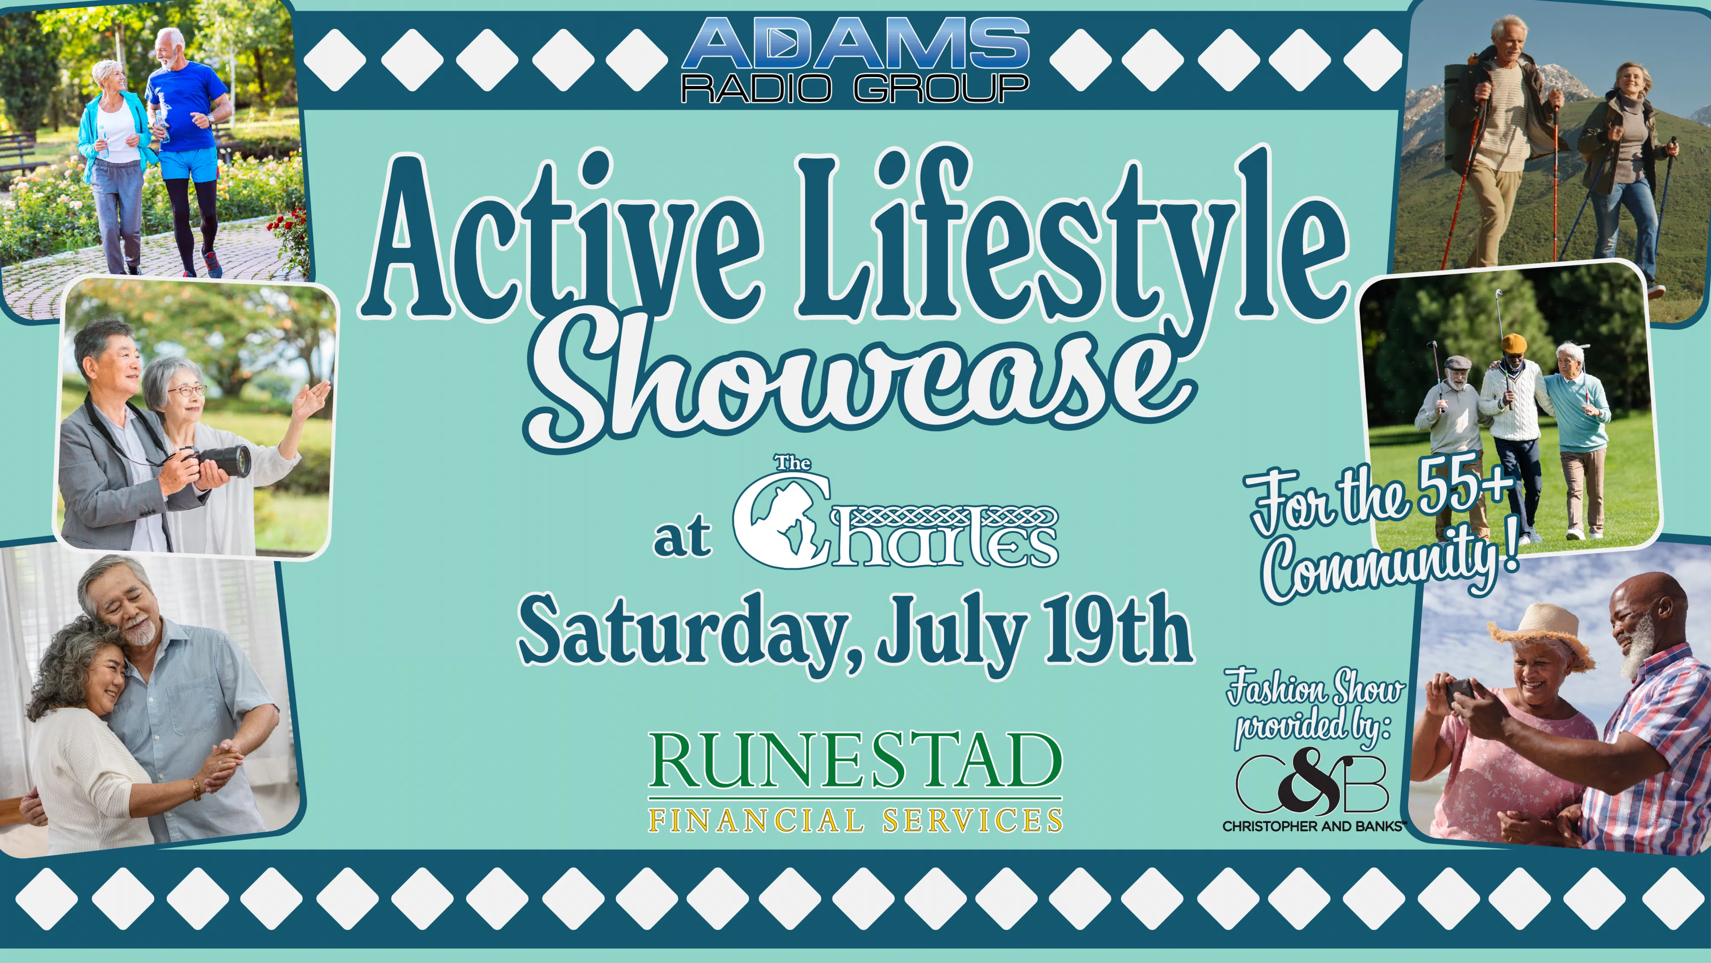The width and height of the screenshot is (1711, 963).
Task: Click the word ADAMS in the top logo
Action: (855, 43)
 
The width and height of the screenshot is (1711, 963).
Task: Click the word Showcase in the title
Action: (860, 386)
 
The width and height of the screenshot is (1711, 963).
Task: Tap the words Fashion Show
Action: (1315, 688)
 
